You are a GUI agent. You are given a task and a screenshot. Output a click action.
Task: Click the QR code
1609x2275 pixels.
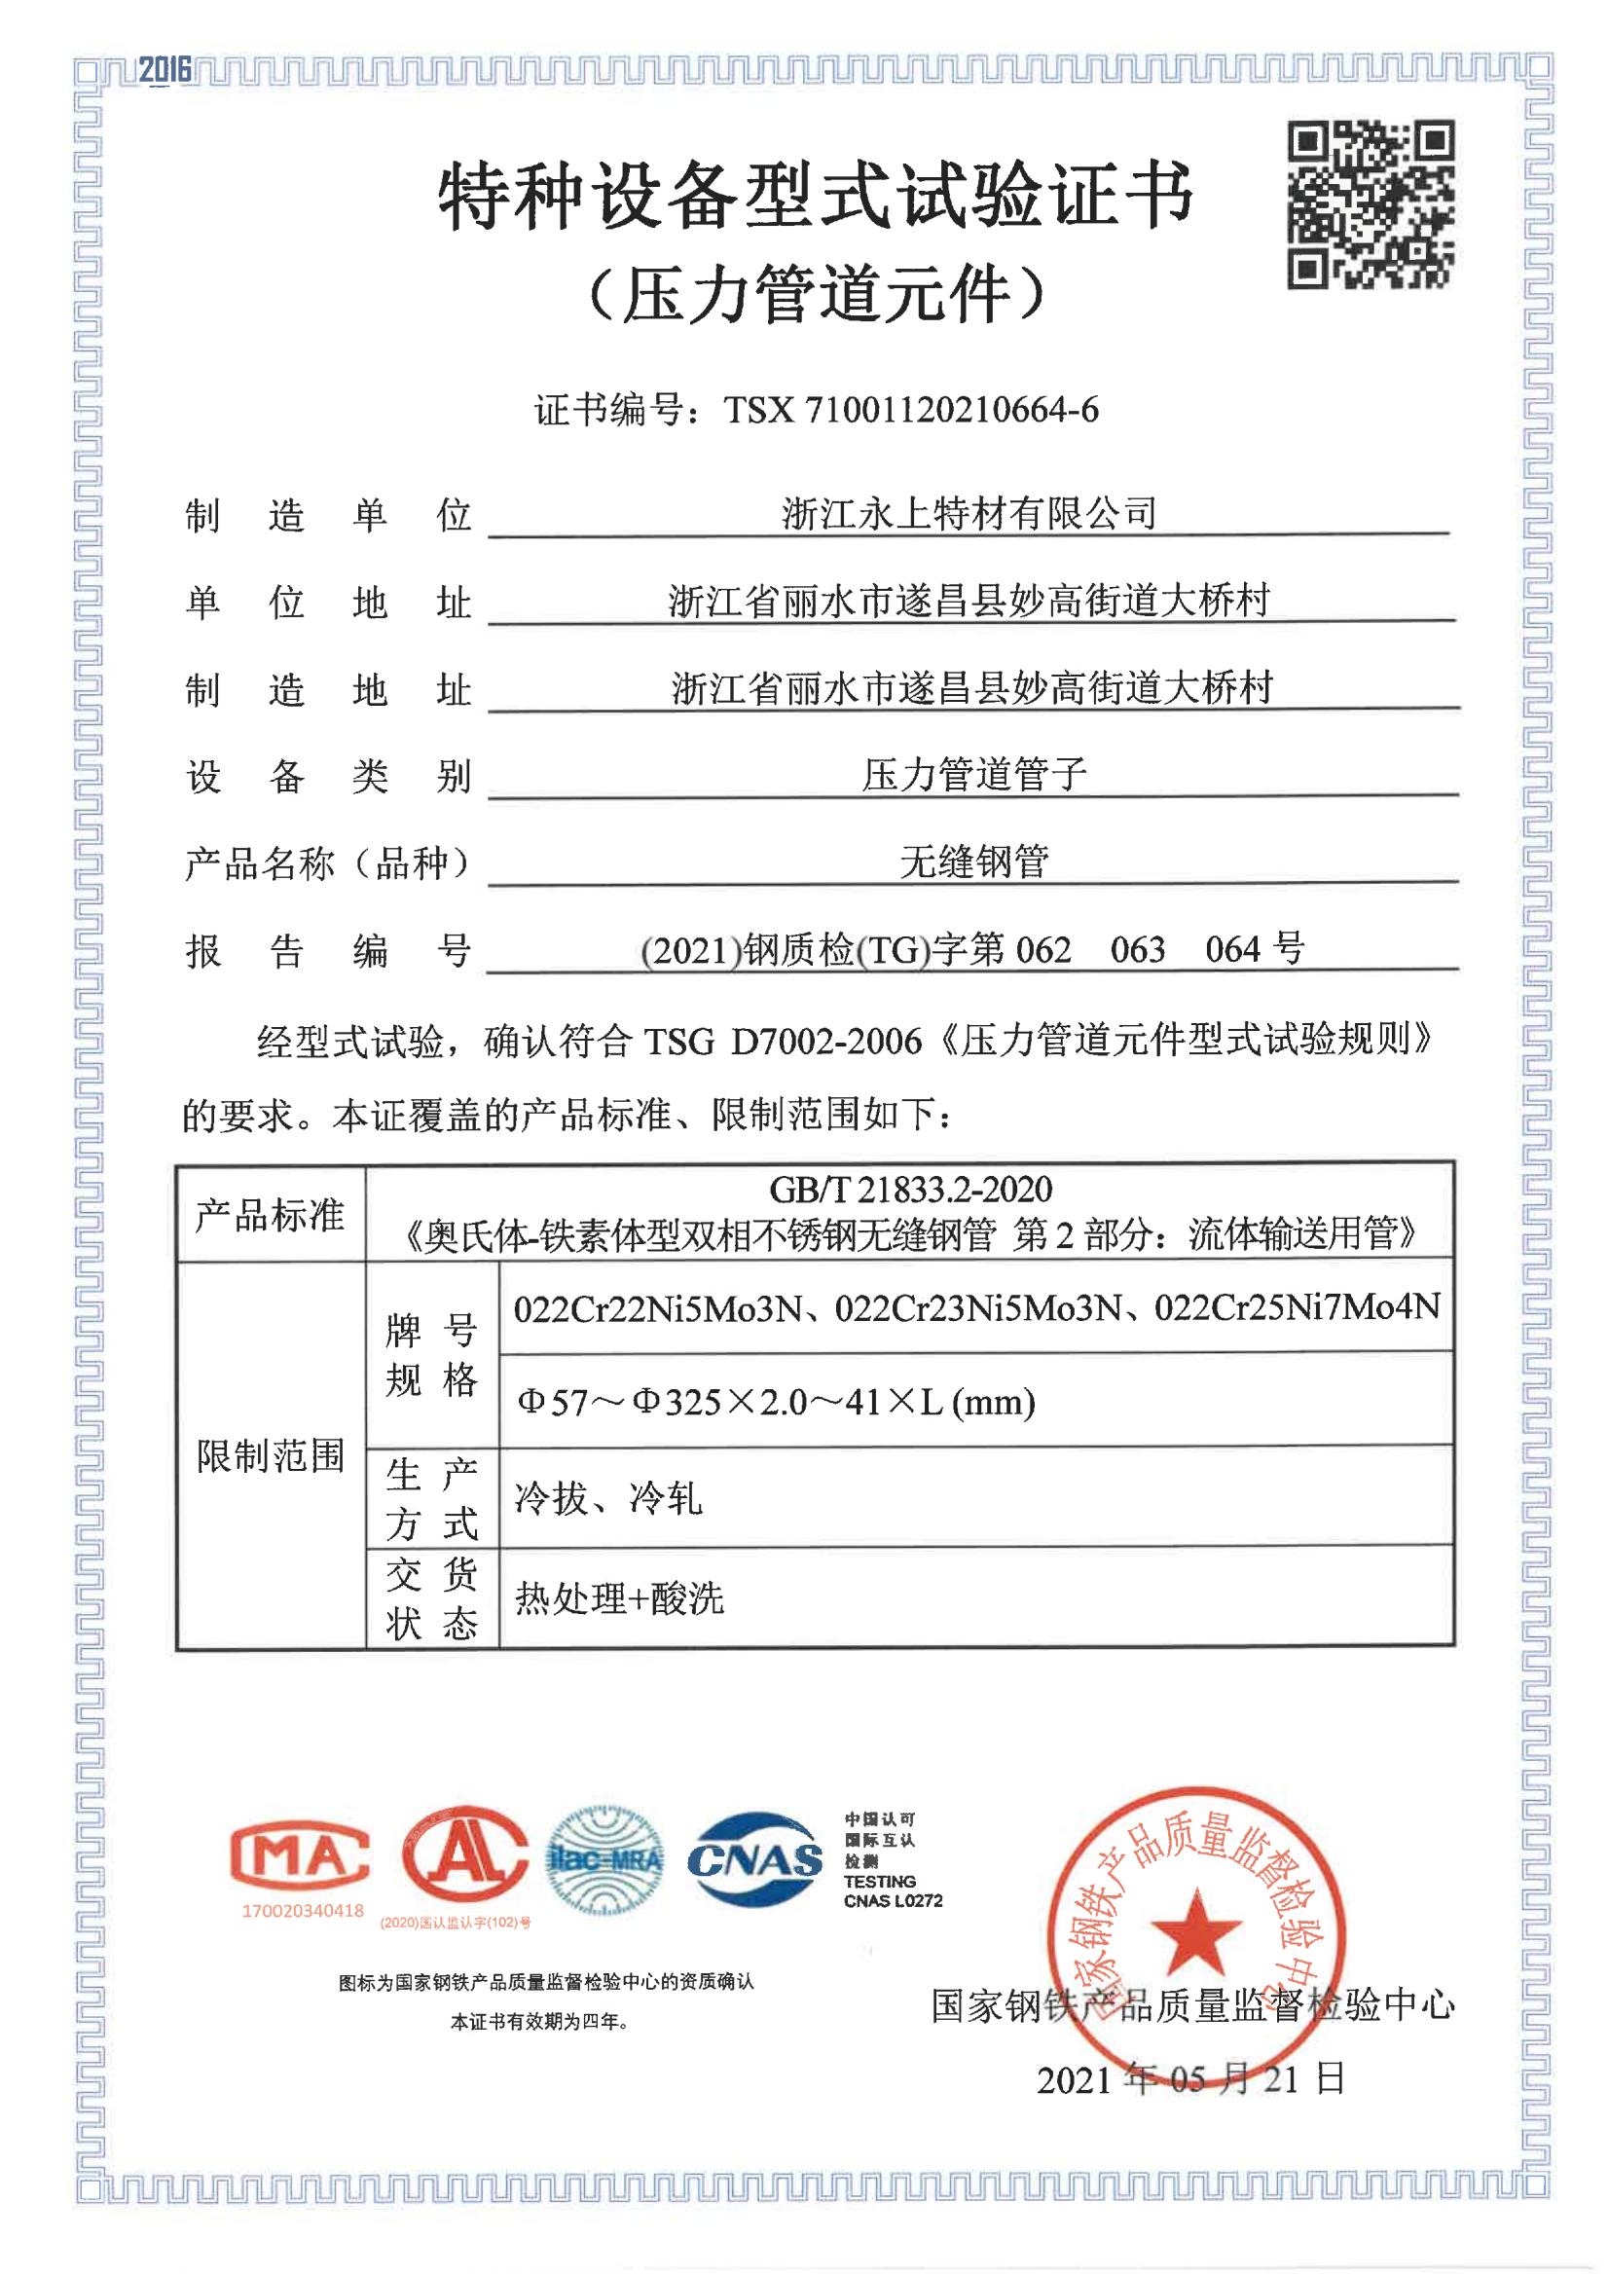pyautogui.click(x=1371, y=204)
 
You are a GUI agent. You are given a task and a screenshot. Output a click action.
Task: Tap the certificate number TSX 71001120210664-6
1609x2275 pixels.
pyautogui.click(x=910, y=409)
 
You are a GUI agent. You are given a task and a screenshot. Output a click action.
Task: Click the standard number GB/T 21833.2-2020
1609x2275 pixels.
pyautogui.click(x=910, y=1189)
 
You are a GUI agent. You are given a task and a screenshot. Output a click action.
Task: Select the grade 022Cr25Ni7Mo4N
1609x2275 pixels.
pyautogui.click(x=1297, y=1308)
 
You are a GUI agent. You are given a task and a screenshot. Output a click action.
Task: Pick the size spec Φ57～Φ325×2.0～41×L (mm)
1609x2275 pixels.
pyautogui.click(x=776, y=1402)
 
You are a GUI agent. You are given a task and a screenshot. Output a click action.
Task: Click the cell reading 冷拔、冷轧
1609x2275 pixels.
pyautogui.click(x=608, y=1498)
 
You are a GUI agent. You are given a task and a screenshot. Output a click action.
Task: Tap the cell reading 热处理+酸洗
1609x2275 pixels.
pyautogui.click(x=619, y=1597)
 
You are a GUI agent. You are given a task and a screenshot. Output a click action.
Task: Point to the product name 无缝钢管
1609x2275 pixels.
pyautogui.click(x=974, y=862)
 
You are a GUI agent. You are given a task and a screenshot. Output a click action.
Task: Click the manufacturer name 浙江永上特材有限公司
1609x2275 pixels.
pyautogui.click(x=969, y=513)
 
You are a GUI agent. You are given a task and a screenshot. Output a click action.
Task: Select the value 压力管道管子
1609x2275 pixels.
pyautogui.click(x=974, y=774)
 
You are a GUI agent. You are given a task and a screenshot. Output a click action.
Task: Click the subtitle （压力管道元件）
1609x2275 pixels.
pyautogui.click(x=817, y=294)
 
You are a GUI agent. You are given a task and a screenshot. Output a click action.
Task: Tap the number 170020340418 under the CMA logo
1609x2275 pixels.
pyautogui.click(x=303, y=1910)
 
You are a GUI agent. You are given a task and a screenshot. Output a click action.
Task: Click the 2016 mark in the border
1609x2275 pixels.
pyautogui.click(x=165, y=68)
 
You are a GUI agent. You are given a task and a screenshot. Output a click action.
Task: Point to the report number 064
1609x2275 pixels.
pyautogui.click(x=1231, y=949)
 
